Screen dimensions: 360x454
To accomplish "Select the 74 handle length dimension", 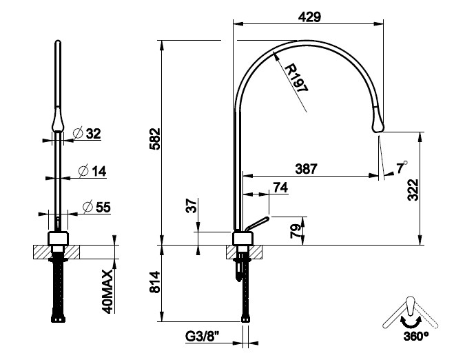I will point(280,187).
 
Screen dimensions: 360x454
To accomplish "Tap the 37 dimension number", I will point(192,206).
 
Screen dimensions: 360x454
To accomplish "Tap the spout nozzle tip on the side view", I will point(378,123).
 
